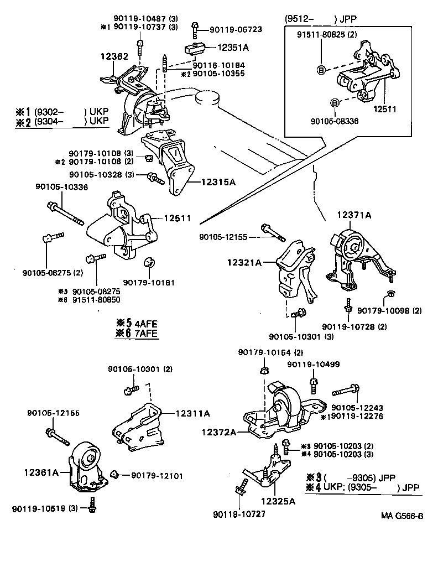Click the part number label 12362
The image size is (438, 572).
113,56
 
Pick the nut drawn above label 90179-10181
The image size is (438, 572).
149,262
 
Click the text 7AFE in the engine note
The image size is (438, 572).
144,333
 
